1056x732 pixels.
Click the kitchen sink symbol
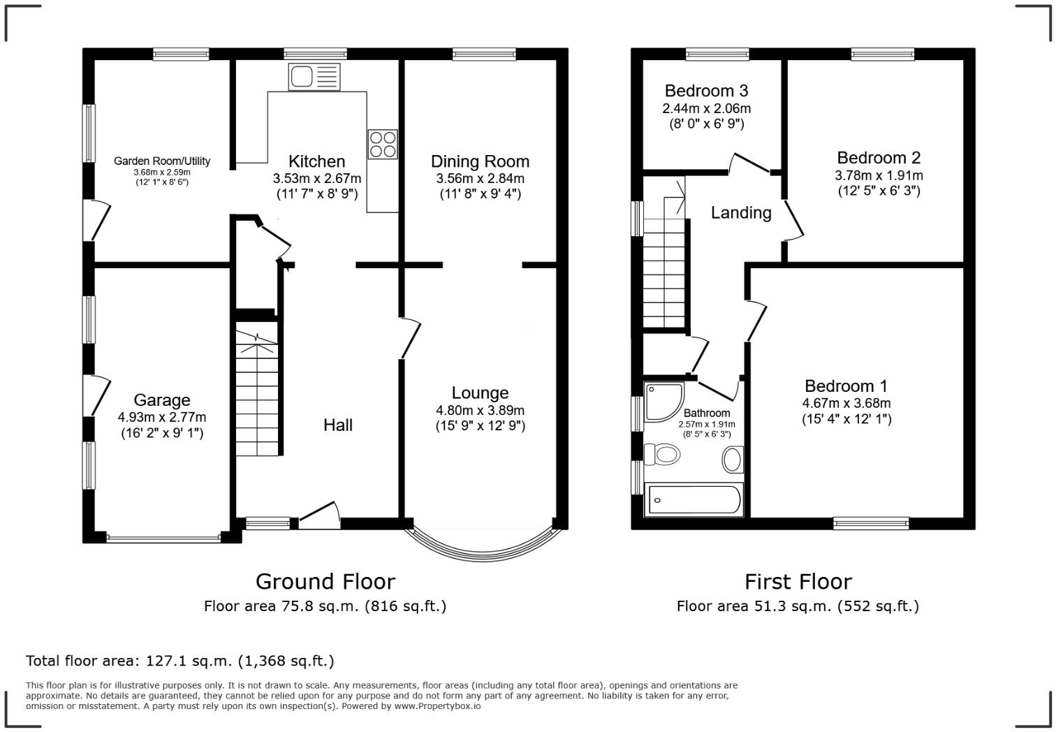(314, 76)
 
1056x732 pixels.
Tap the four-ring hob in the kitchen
(383, 144)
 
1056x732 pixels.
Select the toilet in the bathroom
(662, 455)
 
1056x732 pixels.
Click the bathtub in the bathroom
(694, 499)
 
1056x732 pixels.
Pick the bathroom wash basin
(733, 460)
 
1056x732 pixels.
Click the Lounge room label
(480, 393)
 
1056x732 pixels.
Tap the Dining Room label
(480, 161)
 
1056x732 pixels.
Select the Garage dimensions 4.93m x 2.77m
(162, 417)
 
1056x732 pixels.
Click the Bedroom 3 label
(706, 91)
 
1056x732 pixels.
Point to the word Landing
(741, 213)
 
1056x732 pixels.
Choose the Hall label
(338, 425)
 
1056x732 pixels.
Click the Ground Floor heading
(325, 582)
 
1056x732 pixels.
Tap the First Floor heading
(798, 582)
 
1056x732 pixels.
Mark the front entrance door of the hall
(320, 515)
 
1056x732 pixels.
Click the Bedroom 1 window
(871, 523)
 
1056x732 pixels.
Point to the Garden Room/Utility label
(162, 161)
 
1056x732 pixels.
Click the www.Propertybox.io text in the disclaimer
(437, 706)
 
